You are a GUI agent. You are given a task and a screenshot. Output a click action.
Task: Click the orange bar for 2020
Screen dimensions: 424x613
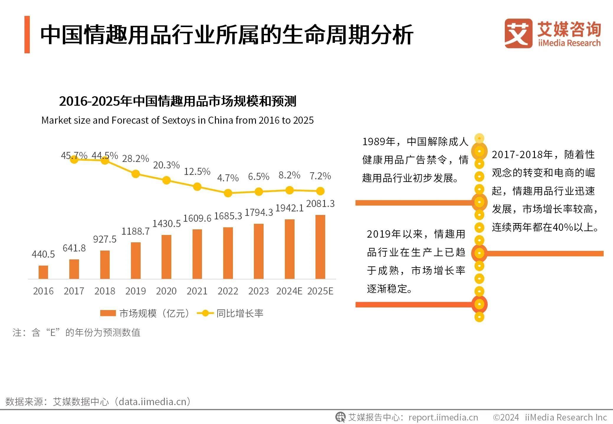[166, 257]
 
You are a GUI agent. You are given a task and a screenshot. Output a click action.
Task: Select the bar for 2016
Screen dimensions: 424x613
[43, 272]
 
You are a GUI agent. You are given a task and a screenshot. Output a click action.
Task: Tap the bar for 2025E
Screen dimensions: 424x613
[320, 247]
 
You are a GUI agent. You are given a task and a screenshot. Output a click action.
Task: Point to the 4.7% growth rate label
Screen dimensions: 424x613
[228, 178]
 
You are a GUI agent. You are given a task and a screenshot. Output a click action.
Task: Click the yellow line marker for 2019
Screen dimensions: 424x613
[136, 174]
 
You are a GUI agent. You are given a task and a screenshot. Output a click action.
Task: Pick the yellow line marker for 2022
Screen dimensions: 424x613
[228, 193]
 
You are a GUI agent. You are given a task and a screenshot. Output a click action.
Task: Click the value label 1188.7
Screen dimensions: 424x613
[135, 231]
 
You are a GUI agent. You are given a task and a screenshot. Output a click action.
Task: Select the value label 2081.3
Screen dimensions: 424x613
[320, 203]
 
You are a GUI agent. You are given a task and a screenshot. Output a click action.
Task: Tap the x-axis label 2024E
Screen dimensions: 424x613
[289, 291]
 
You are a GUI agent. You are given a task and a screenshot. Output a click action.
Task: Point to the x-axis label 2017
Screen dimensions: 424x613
[74, 291]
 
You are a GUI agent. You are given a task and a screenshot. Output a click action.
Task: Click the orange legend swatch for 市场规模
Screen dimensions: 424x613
[108, 313]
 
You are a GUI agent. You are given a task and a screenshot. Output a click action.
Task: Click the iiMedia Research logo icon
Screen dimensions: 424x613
[518, 34]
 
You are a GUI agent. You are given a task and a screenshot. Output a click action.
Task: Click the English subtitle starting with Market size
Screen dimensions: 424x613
[178, 120]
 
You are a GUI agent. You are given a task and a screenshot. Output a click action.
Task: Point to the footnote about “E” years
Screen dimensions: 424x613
[76, 332]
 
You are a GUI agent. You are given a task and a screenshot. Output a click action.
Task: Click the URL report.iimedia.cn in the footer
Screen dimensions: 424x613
[443, 417]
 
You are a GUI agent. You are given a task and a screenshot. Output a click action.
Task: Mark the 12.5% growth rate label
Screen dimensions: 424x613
[197, 171]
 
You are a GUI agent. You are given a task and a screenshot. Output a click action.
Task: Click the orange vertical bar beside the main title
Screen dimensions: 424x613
[27, 34]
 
